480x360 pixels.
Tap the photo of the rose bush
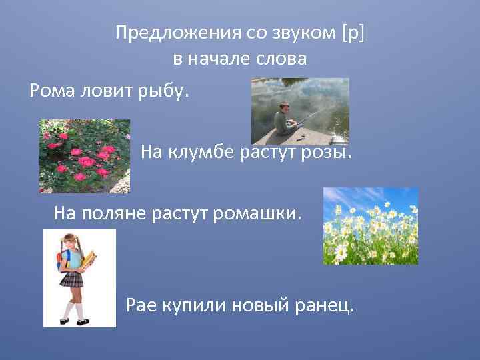point(85,156)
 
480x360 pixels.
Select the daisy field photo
point(371,226)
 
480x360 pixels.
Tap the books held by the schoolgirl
point(88,260)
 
